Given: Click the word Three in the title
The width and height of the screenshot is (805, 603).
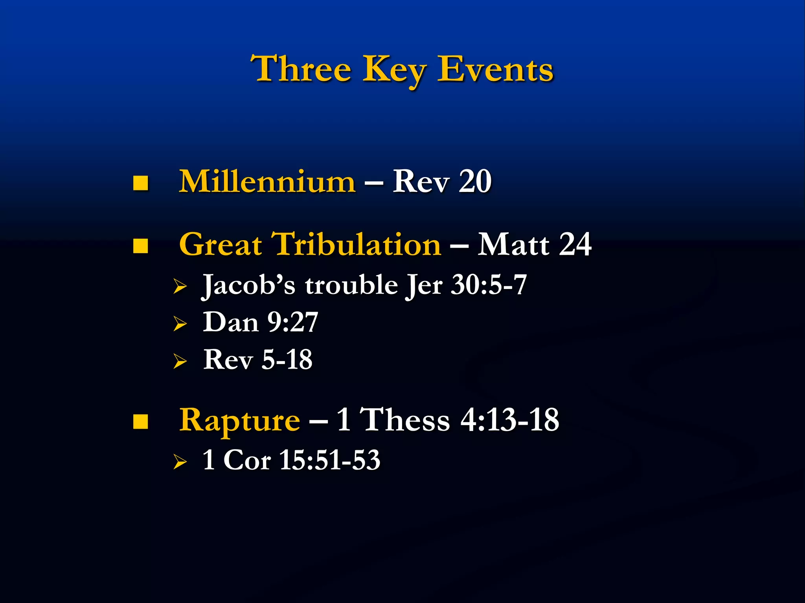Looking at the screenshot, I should pyautogui.click(x=301, y=69).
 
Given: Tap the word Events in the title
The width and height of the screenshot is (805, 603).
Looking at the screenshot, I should pyautogui.click(x=495, y=69).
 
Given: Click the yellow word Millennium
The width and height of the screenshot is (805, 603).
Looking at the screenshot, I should pyautogui.click(x=267, y=181).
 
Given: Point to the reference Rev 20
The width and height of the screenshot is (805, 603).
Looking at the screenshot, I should pyautogui.click(x=442, y=181).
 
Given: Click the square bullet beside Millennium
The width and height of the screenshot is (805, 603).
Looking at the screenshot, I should pyautogui.click(x=140, y=183).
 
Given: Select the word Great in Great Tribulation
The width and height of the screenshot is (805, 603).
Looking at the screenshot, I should pyautogui.click(x=221, y=244).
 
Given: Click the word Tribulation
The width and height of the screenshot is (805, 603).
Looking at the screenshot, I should pyautogui.click(x=356, y=244).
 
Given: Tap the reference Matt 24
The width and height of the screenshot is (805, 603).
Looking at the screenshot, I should pyautogui.click(x=535, y=244).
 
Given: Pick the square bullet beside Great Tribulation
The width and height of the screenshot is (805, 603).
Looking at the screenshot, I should pyautogui.click(x=140, y=246).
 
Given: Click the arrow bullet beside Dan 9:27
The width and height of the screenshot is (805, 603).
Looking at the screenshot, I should pyautogui.click(x=180, y=324).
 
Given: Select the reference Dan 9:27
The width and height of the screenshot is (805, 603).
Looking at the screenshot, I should pyautogui.click(x=260, y=322).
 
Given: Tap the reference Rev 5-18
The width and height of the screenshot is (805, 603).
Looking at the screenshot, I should pyautogui.click(x=258, y=359).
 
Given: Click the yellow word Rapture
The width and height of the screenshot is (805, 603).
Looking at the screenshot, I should pyautogui.click(x=239, y=420).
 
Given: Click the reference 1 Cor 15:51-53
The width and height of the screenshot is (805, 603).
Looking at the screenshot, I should pyautogui.click(x=291, y=460).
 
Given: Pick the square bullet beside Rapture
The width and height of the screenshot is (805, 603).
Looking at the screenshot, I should pyautogui.click(x=140, y=422).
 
